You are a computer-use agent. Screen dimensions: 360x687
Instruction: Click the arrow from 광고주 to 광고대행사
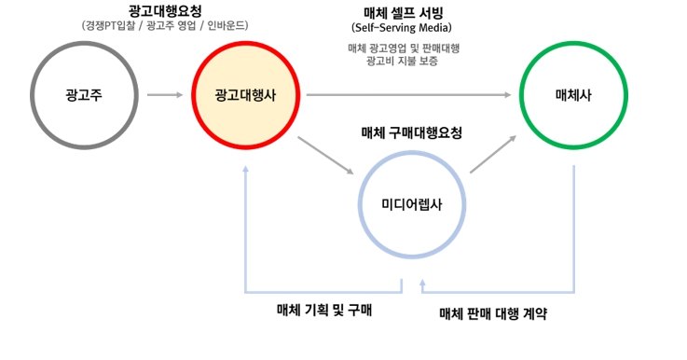pos(166,95)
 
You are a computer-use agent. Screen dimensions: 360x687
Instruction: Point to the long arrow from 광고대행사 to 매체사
pos(411,95)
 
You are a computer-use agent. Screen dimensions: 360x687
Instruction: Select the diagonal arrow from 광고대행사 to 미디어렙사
pos(326,156)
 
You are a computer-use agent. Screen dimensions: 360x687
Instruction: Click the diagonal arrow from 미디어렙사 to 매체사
pos(493,153)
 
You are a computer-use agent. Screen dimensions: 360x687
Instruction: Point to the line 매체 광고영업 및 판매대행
pos(404,48)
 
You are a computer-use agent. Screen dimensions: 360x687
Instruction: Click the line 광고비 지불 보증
pos(404,62)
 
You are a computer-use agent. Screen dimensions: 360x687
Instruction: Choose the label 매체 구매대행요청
pos(411,133)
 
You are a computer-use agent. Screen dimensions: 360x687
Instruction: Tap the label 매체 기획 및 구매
pos(324,309)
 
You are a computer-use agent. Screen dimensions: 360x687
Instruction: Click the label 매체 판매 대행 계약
pos(492,313)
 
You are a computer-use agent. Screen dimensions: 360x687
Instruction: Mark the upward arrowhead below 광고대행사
pos(245,171)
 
